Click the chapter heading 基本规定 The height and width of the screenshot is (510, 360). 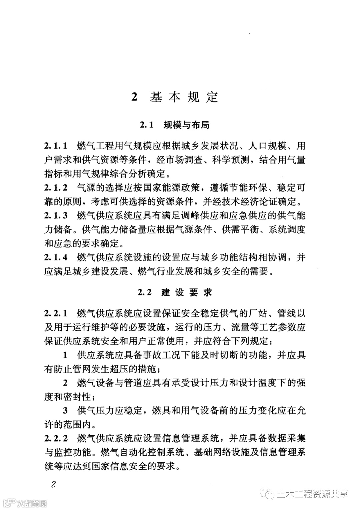[x=184, y=97]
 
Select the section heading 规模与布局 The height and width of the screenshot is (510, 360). [x=186, y=125]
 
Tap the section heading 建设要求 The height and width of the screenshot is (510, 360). [x=187, y=293]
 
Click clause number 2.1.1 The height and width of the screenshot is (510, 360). [x=56, y=146]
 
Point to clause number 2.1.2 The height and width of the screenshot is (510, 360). [x=56, y=188]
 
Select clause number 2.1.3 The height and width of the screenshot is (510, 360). [x=56, y=216]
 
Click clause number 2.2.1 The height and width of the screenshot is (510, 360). [x=56, y=313]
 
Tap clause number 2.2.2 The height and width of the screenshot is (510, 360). [x=56, y=438]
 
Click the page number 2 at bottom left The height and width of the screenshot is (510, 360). [x=53, y=484]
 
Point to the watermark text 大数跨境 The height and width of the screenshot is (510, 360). [x=32, y=503]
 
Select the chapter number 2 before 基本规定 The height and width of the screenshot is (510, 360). [x=135, y=97]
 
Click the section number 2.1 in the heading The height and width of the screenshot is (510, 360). [x=146, y=125]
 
